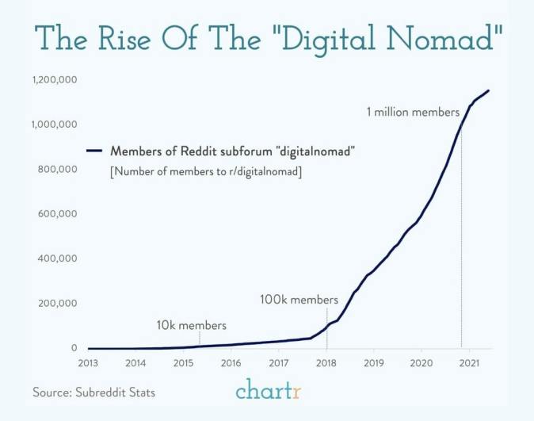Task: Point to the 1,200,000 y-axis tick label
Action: [x=55, y=80]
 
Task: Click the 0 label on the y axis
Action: [x=74, y=348]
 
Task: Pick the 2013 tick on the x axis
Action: [x=88, y=363]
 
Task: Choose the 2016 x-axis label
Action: [x=231, y=363]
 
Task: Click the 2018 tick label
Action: [x=326, y=363]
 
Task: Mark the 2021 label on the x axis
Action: [x=469, y=363]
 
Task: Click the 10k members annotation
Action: [x=191, y=325]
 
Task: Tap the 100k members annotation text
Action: [x=299, y=300]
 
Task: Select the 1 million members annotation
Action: [x=413, y=113]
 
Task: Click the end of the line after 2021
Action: [x=489, y=90]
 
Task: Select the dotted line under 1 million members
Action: [x=461, y=238]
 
